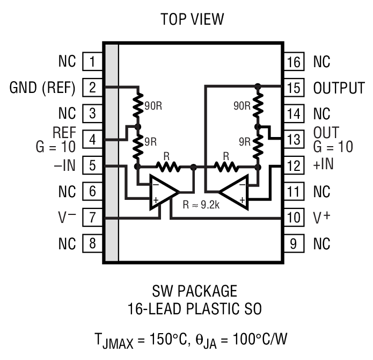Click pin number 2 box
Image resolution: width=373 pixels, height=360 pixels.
[92, 87]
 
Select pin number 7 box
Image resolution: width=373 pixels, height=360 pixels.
[92, 218]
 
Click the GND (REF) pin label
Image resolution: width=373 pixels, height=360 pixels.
[42, 87]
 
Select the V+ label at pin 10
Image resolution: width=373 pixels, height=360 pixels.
[320, 218]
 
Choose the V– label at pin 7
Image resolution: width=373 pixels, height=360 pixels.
[67, 218]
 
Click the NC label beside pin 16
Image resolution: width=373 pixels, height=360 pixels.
[321, 61]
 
